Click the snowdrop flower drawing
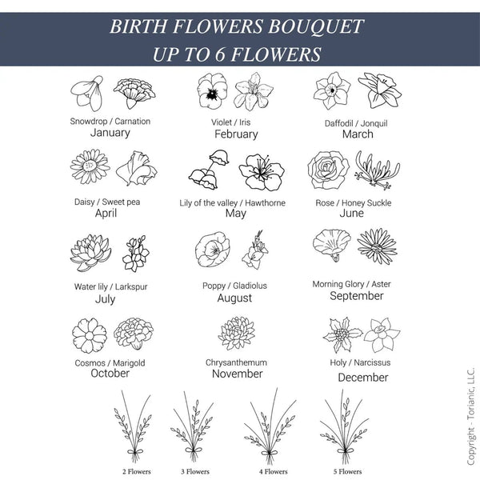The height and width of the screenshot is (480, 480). click(87, 94)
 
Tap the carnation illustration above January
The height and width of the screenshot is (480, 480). click(134, 93)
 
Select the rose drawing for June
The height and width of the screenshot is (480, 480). click(328, 170)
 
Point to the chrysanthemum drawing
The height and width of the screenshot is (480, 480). click(236, 333)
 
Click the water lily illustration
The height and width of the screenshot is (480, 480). click(90, 253)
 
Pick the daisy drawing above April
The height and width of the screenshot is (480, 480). click(90, 166)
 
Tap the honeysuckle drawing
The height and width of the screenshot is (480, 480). click(378, 170)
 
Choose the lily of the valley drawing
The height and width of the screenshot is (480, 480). click(209, 170)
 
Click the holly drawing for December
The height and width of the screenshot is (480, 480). click(342, 334)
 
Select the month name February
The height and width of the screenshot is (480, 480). click(236, 134)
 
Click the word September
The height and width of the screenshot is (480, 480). click(357, 296)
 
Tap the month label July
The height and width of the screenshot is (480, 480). click(105, 299)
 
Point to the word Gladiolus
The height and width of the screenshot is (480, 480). click(250, 286)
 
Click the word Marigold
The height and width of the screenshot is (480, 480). click(129, 363)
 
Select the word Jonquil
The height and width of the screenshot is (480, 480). click(374, 123)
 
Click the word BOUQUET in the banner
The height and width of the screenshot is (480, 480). click(316, 26)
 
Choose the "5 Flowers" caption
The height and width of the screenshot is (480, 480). click(347, 471)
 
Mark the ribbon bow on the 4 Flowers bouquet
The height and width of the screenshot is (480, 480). click(269, 453)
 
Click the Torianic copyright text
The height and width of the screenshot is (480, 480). click(470, 416)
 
